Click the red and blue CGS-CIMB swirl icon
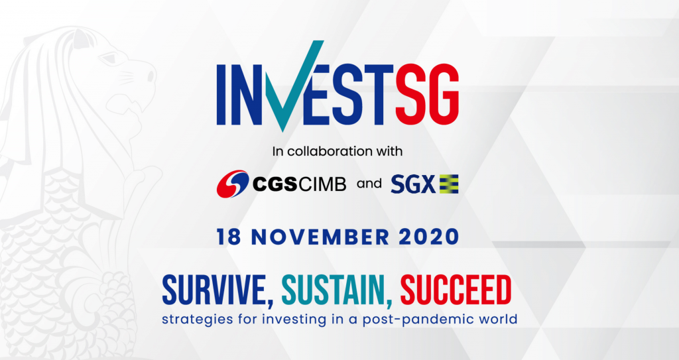click(x=232, y=184)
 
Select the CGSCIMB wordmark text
click(x=299, y=184)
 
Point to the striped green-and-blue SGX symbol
click(x=450, y=184)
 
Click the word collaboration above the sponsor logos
click(x=331, y=151)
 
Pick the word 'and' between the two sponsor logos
click(x=369, y=184)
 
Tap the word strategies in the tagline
click(x=192, y=320)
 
